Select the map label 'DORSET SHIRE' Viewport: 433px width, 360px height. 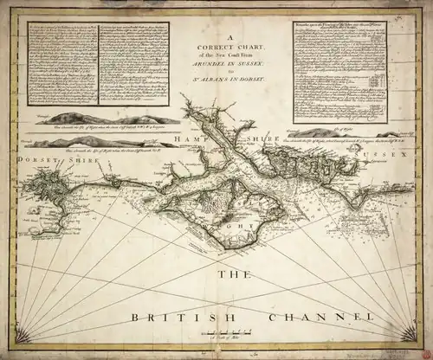(x=42, y=158)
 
